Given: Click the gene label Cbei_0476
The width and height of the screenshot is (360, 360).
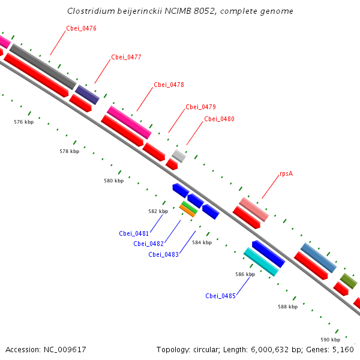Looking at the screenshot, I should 81,28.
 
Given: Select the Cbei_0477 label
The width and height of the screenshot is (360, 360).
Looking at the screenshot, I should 126,57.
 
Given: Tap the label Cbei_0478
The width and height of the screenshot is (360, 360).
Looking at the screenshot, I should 169,85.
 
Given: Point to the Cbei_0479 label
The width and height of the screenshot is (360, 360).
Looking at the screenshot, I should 200,107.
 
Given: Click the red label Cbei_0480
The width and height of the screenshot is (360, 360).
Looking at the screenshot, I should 219,119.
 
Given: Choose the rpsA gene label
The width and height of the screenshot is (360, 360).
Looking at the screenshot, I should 286,173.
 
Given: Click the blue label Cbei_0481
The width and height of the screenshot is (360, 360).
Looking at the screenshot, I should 134,233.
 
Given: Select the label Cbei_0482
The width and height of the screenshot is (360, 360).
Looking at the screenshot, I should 148,244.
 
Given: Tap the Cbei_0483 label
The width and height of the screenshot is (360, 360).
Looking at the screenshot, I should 163,254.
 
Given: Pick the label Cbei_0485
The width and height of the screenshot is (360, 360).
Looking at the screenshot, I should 220,296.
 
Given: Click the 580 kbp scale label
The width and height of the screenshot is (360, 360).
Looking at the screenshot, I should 113,181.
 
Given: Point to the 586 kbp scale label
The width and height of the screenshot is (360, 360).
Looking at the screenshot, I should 245,274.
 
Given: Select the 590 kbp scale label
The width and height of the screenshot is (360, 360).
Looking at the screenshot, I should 330,340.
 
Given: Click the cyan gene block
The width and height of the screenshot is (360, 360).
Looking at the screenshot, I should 261,262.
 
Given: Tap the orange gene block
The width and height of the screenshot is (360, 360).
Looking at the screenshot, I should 187,211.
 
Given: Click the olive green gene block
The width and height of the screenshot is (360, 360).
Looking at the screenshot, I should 349,280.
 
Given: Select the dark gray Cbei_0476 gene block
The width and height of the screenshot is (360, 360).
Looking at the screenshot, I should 43,66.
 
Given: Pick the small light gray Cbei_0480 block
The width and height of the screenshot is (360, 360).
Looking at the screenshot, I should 179,156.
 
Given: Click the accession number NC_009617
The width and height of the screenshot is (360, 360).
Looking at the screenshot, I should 65,350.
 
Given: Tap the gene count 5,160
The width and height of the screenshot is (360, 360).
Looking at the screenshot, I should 344,350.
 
